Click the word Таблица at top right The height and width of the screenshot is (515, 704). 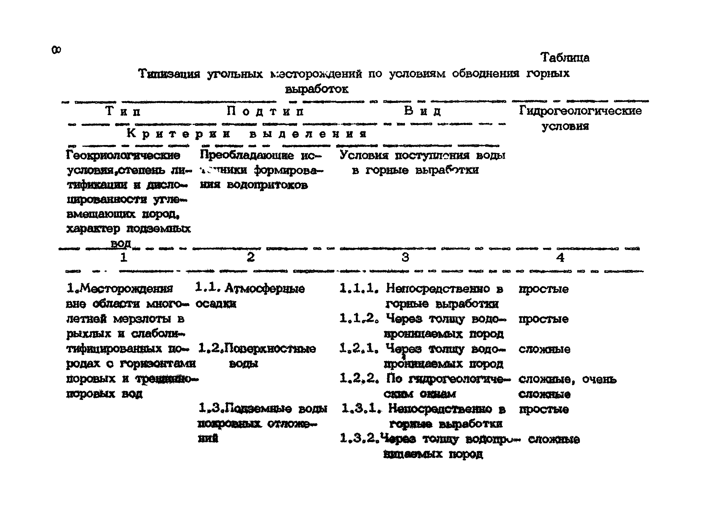[565, 58]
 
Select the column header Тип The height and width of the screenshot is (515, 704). [123, 111]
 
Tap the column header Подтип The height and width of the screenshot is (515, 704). [265, 111]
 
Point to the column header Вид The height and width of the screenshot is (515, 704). [422, 111]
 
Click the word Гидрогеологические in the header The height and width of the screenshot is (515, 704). [580, 111]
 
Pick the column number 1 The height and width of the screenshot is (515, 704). [124, 257]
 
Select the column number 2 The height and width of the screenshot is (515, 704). [251, 257]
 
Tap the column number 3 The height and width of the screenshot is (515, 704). [405, 257]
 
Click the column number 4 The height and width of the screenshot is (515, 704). [560, 257]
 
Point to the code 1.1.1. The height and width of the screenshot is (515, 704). [359, 288]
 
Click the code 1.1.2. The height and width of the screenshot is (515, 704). [359, 318]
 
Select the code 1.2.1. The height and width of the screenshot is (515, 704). [359, 348]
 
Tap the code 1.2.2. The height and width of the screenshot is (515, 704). [359, 378]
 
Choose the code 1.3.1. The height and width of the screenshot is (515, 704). [361, 408]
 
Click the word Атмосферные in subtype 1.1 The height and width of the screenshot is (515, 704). [265, 288]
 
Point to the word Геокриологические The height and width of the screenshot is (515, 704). [123, 155]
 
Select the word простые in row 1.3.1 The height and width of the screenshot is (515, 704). [544, 409]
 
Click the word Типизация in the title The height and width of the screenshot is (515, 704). [169, 74]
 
